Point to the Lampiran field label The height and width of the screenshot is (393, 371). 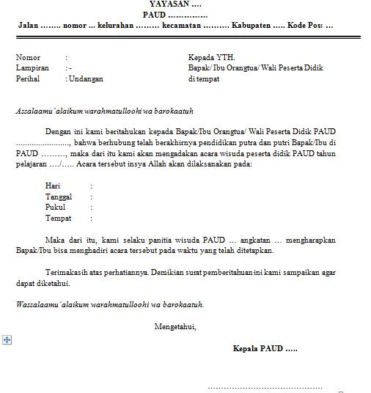click(32, 67)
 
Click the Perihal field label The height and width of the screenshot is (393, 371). click(29, 78)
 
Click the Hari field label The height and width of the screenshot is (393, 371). click(52, 186)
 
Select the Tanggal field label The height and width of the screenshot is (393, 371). click(59, 196)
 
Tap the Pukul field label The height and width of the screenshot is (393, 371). click(55, 207)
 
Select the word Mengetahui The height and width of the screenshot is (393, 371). click(175, 326)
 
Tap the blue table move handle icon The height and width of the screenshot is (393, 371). click(7, 339)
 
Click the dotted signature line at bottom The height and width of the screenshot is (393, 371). click(265, 386)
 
